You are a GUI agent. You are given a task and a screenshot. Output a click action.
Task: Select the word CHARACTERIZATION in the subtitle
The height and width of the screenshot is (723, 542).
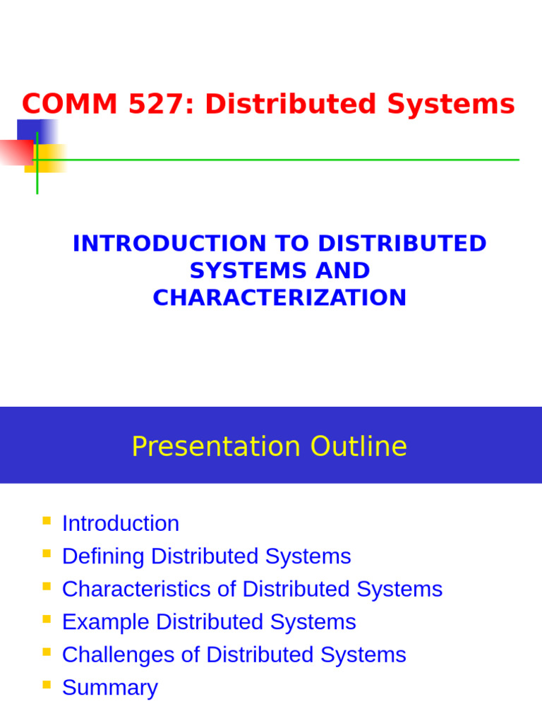click(279, 297)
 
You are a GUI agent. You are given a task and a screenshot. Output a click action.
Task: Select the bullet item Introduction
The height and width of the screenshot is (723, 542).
click(121, 523)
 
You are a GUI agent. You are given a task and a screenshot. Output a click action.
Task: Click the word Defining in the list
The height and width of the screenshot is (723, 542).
click(104, 556)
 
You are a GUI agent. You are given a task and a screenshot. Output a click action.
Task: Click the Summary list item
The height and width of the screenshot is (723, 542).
click(110, 688)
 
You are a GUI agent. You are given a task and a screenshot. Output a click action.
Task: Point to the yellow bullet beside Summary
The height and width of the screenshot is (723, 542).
click(47, 685)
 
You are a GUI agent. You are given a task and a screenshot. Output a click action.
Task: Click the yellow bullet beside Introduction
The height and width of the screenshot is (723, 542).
click(47, 521)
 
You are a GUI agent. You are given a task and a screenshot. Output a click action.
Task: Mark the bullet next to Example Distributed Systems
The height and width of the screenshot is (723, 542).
click(47, 619)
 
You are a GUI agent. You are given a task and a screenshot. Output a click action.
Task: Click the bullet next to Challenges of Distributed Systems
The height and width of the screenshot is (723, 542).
click(47, 652)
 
